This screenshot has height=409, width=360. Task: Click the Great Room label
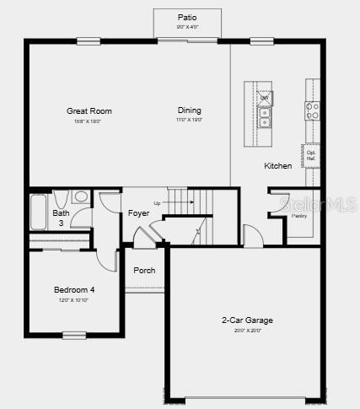[x=89, y=110]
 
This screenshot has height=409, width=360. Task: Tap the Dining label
[x=190, y=110]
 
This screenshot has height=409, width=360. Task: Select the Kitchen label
[x=278, y=165]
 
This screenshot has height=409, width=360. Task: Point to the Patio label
[x=187, y=17]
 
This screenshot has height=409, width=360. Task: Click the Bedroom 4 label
[x=74, y=290]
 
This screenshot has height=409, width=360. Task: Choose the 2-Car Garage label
[x=247, y=320]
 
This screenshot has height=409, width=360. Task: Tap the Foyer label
[x=139, y=213]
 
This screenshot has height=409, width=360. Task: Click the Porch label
[x=144, y=271]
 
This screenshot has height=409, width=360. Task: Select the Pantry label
[x=299, y=216]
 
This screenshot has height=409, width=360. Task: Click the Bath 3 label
[x=61, y=218]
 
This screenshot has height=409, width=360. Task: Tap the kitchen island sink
[x=265, y=118]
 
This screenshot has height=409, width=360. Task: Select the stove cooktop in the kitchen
[x=312, y=107]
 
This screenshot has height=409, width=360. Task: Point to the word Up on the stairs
[x=157, y=203]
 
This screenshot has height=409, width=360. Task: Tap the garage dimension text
[x=247, y=330]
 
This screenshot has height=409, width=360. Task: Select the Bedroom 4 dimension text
[x=74, y=300]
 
